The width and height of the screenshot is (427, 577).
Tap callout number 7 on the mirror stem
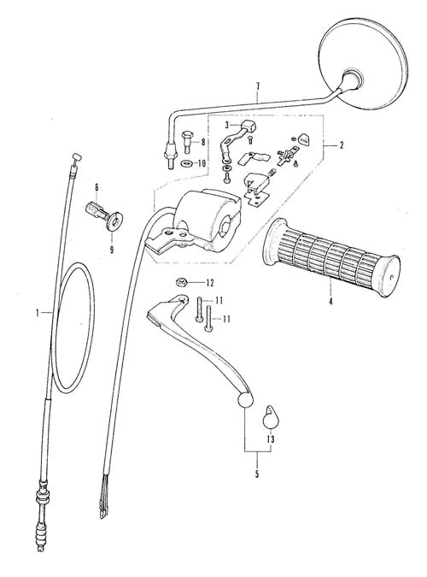(257, 86)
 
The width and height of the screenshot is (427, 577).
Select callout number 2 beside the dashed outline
(342, 145)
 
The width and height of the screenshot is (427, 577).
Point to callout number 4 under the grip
(330, 302)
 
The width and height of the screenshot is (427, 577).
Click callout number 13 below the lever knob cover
(271, 439)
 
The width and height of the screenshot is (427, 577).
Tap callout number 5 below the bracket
(257, 474)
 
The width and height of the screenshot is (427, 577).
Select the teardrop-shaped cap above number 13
(271, 417)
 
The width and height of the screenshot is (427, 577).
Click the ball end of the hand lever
(245, 400)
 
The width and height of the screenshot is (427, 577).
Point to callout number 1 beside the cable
(38, 313)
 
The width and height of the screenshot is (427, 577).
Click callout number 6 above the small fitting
(97, 187)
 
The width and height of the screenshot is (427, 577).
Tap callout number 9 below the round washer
(111, 250)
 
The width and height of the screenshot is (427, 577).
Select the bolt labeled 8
(187, 142)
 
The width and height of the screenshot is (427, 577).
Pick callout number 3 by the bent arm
(227, 125)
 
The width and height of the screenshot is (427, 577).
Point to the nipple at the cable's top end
(77, 156)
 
